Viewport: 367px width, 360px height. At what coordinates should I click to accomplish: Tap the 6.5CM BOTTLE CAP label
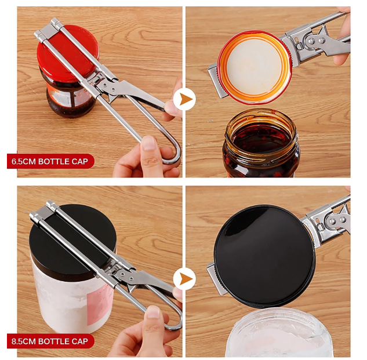50,161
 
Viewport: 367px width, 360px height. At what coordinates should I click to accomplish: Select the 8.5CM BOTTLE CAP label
50,341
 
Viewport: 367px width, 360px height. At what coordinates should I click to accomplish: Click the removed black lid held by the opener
264,256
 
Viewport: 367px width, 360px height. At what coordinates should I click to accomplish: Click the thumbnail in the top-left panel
148,143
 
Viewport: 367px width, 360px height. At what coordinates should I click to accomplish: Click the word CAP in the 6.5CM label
79,161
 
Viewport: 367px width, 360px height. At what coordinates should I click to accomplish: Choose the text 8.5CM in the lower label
23,341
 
